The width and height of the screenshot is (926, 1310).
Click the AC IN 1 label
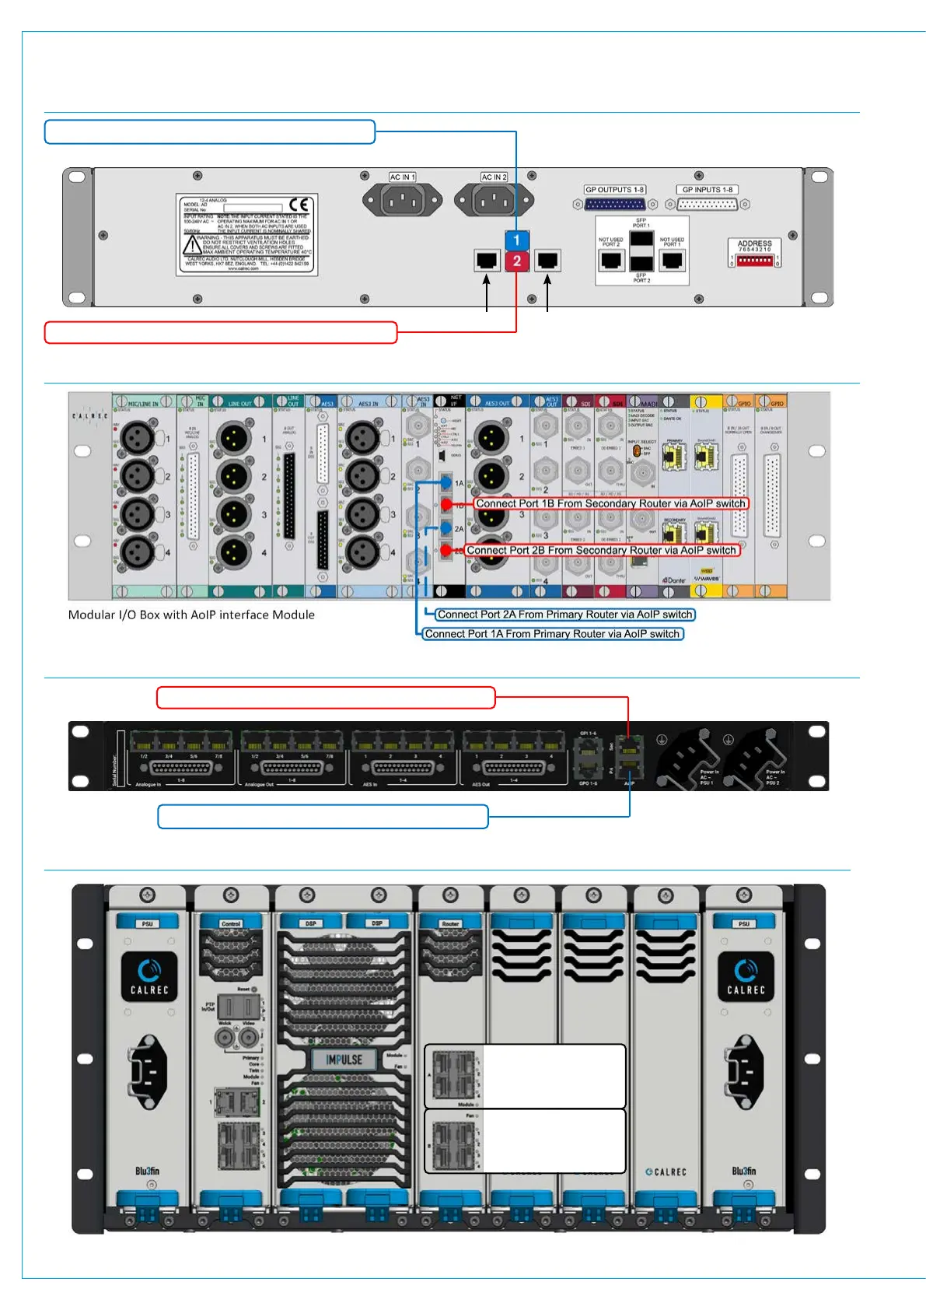click(x=402, y=177)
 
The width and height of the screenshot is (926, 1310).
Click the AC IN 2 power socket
click(x=494, y=201)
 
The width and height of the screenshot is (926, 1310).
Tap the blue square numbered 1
click(x=516, y=240)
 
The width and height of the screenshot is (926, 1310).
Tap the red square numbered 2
click(x=516, y=261)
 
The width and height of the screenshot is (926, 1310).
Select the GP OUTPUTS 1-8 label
click(x=614, y=190)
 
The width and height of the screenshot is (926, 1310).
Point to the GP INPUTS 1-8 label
click(x=708, y=190)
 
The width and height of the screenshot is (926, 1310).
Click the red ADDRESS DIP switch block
click(x=754, y=261)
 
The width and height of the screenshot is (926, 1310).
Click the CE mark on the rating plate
click(x=299, y=205)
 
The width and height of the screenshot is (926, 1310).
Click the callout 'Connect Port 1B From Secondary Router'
click(x=610, y=504)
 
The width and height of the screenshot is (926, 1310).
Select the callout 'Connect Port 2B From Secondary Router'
click(x=601, y=551)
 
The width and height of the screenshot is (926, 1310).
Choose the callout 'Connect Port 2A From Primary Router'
click(x=564, y=615)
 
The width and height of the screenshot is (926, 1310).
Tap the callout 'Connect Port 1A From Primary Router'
click(x=552, y=634)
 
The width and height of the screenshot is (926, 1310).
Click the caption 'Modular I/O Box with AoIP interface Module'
click(x=191, y=615)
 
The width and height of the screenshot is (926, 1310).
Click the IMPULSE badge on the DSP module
click(x=344, y=1060)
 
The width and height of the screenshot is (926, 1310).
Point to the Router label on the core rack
click(x=450, y=924)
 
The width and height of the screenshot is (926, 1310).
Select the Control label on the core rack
click(x=231, y=924)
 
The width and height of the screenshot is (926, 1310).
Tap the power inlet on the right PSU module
click(x=745, y=1071)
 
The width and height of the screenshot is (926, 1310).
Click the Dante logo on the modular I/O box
click(x=673, y=580)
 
